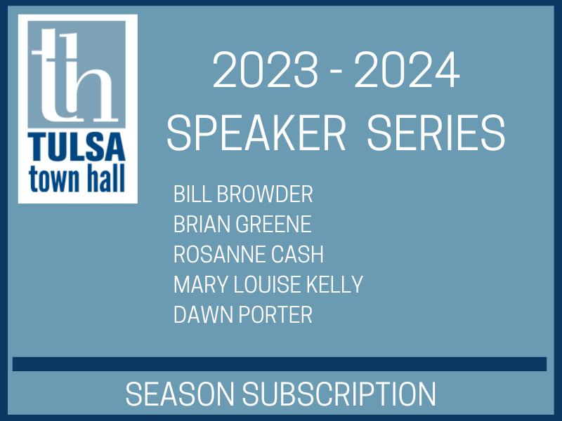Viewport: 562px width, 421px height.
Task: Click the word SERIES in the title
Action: [x=436, y=133]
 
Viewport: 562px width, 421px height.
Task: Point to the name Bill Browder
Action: [x=243, y=194]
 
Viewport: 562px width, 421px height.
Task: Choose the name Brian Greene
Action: [x=242, y=225]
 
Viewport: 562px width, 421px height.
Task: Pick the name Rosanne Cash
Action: [x=249, y=254]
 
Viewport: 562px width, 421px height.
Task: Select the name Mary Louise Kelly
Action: [x=268, y=284]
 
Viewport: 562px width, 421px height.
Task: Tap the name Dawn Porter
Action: [x=242, y=314]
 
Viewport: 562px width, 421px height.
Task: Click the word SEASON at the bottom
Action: [x=178, y=394]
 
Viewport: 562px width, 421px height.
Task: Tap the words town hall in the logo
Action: [x=77, y=178]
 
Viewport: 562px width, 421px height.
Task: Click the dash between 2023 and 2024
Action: [x=334, y=73]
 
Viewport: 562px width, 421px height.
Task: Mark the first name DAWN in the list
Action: [x=197, y=314]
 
